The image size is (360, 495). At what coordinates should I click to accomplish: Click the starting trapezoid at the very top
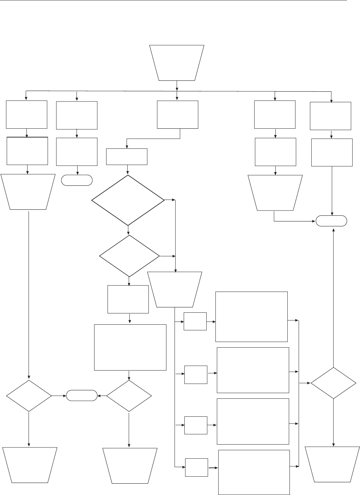pos(177,63)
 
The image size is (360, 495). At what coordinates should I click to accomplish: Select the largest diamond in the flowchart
pos(128,200)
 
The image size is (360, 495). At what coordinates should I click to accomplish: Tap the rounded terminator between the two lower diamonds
pos(82,396)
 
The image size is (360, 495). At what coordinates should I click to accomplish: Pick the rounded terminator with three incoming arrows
pos(331,221)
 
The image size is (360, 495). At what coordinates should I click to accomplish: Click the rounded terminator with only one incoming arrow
pos(77,180)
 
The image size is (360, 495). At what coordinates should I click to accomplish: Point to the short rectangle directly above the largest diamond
pos(127,157)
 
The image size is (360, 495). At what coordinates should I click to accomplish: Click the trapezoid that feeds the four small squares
pos(175,289)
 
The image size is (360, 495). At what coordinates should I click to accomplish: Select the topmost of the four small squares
pos(195,321)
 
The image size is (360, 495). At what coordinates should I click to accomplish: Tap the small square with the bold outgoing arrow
pos(196,468)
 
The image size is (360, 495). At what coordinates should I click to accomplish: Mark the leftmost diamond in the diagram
pos(29,396)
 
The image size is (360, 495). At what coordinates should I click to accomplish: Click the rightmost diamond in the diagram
pos(333,383)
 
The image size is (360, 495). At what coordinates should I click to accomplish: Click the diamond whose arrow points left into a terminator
pos(129,396)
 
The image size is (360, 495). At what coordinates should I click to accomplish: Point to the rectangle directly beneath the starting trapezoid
pos(177,115)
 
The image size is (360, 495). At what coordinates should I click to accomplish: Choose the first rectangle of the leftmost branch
pos(27,115)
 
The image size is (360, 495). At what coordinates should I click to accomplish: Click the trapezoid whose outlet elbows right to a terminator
pos(275,193)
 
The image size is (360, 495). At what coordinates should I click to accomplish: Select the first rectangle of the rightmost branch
pos(330,116)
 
